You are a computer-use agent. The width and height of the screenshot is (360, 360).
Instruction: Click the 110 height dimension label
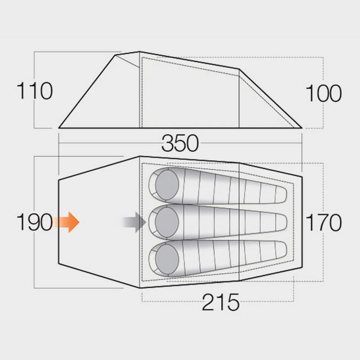coord(34,91)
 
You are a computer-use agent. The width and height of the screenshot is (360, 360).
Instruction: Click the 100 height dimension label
coord(324,93)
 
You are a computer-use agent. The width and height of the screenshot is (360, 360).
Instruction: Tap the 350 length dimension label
coord(180,144)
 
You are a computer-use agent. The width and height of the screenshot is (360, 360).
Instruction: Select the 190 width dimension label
coord(34,222)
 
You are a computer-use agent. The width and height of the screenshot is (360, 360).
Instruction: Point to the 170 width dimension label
coord(324,223)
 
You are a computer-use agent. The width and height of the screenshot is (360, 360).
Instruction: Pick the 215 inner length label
coord(221,303)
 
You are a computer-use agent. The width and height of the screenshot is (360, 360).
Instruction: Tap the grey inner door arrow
coord(134,222)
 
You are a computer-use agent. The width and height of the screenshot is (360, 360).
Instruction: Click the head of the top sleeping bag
coord(167,185)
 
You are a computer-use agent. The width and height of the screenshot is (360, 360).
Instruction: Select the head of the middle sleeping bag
coord(167,221)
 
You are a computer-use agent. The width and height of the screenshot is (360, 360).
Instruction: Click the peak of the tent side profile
coord(139,52)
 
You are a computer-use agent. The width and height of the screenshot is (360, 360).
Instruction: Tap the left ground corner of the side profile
coord(59,128)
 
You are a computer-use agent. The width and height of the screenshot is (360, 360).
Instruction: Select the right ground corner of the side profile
coord(302,128)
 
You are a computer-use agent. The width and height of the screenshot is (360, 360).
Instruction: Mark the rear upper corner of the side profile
coord(240,69)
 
